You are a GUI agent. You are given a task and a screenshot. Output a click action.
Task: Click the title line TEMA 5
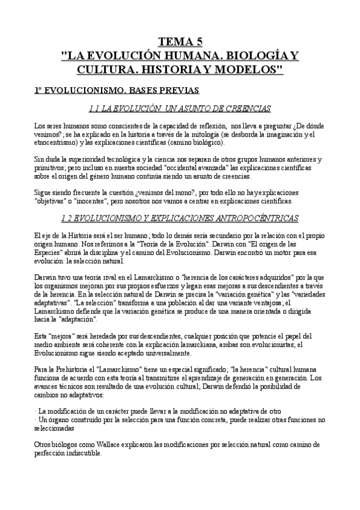[180, 41]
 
